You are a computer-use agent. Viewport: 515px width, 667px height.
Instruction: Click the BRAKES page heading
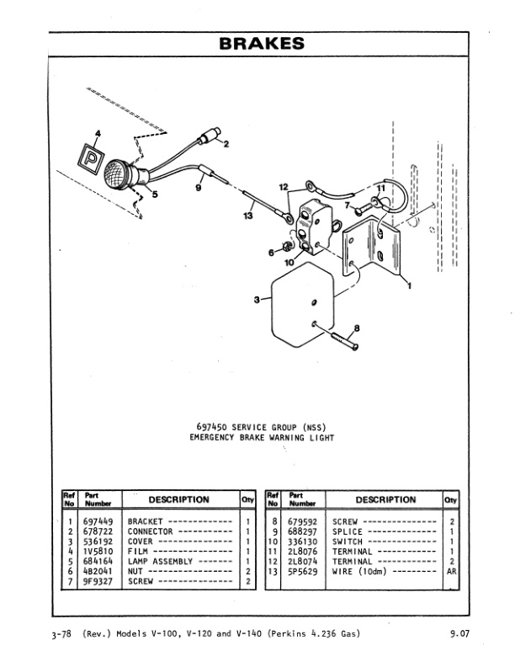click(261, 43)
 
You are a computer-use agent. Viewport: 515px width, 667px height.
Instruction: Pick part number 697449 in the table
click(98, 521)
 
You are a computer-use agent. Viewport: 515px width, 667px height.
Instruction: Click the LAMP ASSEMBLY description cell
click(159, 561)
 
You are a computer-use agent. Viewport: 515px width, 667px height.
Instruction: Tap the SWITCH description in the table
click(348, 542)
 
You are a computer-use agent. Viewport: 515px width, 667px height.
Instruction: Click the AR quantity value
click(452, 571)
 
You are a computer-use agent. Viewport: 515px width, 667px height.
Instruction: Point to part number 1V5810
click(98, 551)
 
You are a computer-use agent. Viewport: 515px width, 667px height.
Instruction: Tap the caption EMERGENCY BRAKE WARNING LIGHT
click(262, 437)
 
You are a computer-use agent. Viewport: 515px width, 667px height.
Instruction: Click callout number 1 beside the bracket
click(409, 285)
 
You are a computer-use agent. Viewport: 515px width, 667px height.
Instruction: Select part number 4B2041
click(98, 571)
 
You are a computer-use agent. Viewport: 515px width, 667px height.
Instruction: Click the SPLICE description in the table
click(348, 531)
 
